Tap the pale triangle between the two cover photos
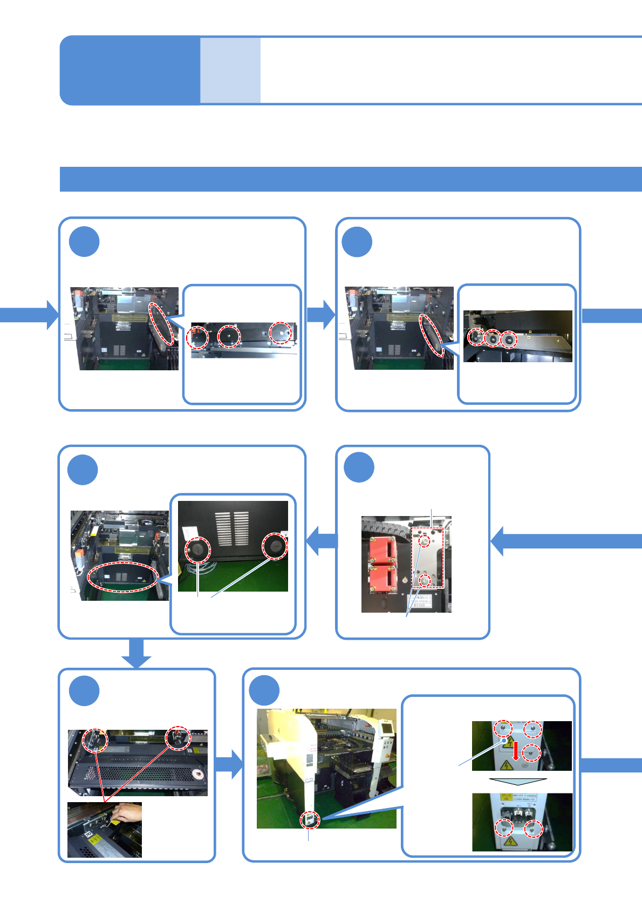coord(518,781)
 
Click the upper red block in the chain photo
coord(384,550)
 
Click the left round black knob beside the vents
coord(197,550)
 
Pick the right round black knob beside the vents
coord(275,546)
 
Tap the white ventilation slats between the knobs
coord(233,528)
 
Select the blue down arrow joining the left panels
coord(136,653)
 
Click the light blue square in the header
coord(230,70)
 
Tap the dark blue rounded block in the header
coord(130,70)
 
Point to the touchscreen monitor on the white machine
coord(386,726)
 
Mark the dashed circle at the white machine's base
coord(310,820)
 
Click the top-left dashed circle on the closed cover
coord(503,728)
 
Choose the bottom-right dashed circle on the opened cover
coord(534,828)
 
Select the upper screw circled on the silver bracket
coord(425,540)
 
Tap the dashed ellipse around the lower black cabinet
coord(123,577)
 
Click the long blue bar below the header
coord(351,179)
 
